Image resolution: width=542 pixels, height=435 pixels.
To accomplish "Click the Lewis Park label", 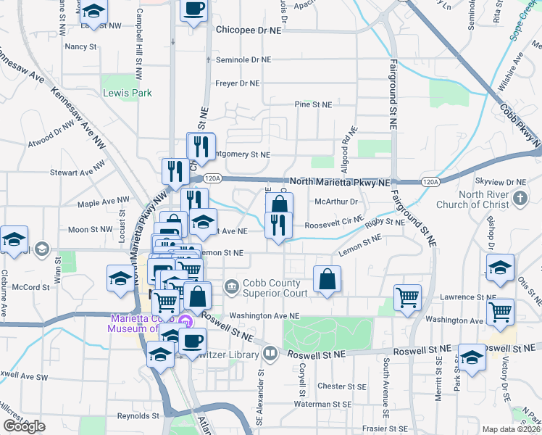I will pos(128,94).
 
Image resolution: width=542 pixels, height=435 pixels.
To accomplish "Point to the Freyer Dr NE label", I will pos(237,83).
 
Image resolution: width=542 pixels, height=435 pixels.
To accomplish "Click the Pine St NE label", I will pos(313,104).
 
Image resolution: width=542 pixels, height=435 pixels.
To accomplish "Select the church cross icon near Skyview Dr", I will pos(520,198).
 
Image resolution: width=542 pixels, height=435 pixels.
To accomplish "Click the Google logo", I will pos(25,426).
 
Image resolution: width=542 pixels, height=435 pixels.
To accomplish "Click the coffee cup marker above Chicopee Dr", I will pos(193,10).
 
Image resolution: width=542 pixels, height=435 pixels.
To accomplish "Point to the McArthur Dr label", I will pos(336,202).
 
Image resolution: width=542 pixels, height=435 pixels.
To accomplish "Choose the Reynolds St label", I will pos(138,416).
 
